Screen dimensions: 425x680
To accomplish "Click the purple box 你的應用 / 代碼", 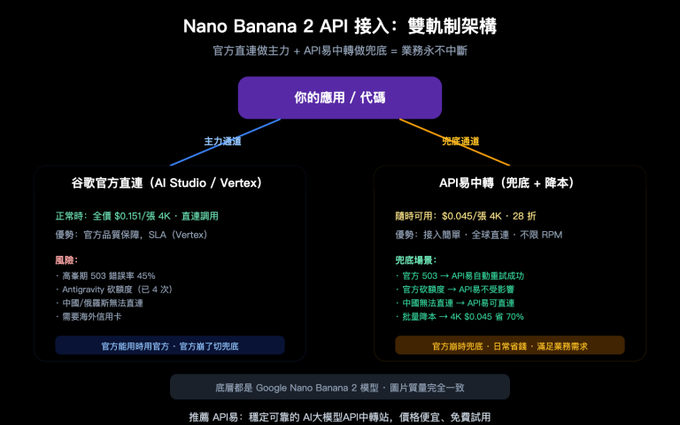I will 339,97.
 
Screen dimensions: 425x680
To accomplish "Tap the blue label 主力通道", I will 222,141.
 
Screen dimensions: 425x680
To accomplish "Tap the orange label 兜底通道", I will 460,141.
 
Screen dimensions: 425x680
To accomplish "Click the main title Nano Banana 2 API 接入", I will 339,26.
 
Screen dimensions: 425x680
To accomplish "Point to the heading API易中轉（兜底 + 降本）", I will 508,183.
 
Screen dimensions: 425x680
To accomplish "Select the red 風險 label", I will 66,260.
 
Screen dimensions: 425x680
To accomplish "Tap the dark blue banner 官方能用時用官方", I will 170,345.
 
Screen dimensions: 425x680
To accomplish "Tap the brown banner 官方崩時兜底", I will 509,345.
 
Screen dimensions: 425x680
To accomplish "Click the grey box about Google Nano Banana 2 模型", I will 339,387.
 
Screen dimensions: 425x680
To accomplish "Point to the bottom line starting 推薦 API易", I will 339,415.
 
